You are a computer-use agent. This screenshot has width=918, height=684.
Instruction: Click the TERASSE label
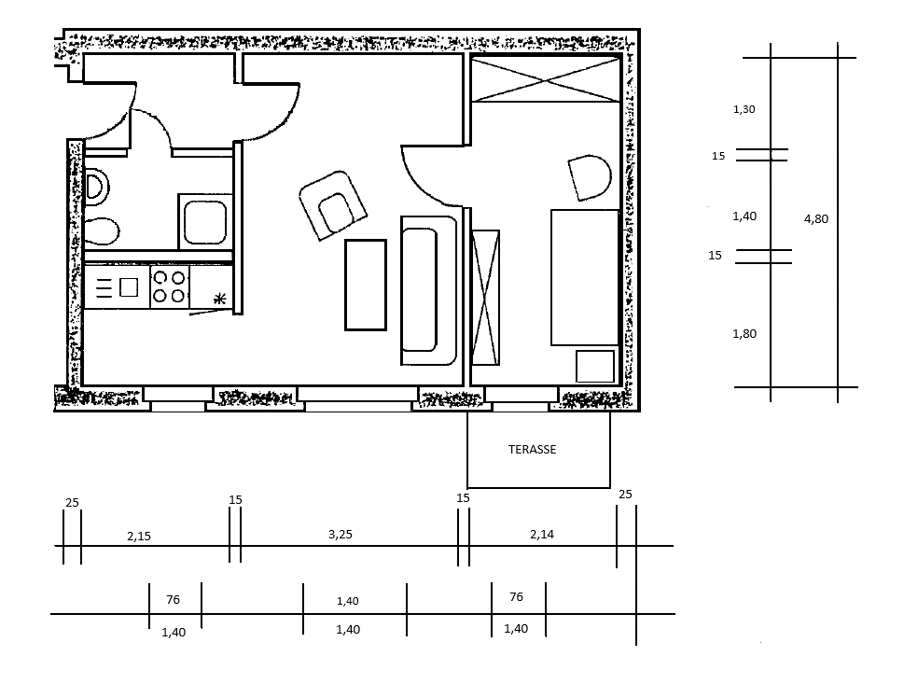532,449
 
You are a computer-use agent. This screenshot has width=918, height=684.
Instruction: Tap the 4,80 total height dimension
816,219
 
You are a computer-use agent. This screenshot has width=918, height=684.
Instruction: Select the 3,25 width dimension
341,534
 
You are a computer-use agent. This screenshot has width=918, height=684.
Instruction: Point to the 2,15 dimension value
139,536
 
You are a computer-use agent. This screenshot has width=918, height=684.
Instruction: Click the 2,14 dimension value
541,534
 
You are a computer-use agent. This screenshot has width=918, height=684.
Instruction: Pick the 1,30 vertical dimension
744,109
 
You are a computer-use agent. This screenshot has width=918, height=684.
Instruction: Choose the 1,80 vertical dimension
744,334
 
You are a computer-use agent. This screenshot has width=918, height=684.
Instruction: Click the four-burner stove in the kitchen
169,287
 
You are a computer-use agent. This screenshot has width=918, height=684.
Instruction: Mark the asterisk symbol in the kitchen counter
219,300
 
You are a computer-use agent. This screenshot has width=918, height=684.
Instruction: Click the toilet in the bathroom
102,232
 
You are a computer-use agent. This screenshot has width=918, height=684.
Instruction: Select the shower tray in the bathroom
205,222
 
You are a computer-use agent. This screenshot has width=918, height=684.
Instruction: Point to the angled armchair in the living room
332,205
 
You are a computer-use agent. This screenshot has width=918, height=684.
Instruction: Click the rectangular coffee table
366,285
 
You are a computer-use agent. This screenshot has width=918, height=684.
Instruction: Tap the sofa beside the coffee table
428,290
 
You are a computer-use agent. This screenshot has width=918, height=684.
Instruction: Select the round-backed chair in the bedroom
590,177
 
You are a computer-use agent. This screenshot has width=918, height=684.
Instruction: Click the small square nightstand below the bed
595,367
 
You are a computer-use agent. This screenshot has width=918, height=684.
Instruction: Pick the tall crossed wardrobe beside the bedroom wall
485,298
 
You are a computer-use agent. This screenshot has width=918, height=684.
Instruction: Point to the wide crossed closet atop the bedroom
546,79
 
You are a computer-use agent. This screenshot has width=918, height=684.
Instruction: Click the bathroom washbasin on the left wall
97,188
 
